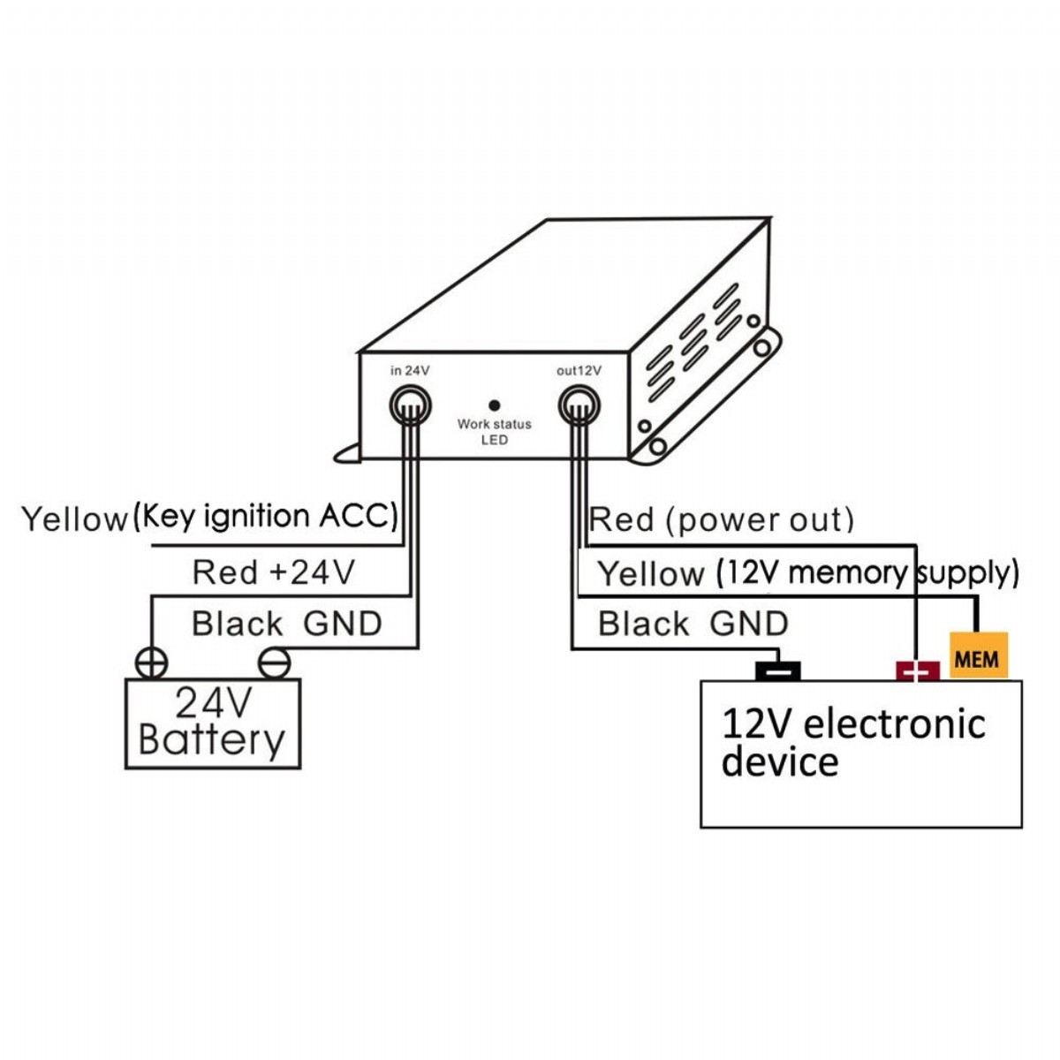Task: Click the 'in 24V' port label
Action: click(410, 371)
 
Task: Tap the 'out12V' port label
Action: click(579, 371)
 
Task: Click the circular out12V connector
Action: click(579, 407)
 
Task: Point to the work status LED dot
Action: click(495, 405)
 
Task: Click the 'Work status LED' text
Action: click(495, 432)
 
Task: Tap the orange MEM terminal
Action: click(977, 657)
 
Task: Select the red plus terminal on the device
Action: click(918, 671)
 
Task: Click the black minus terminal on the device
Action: click(777, 671)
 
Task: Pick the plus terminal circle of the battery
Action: click(152, 663)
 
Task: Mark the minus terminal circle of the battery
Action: click(274, 663)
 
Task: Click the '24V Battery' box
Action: click(213, 723)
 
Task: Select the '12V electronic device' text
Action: click(852, 742)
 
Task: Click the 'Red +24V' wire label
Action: click(273, 572)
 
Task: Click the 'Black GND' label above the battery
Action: click(286, 624)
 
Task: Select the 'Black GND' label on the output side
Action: click(693, 624)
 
